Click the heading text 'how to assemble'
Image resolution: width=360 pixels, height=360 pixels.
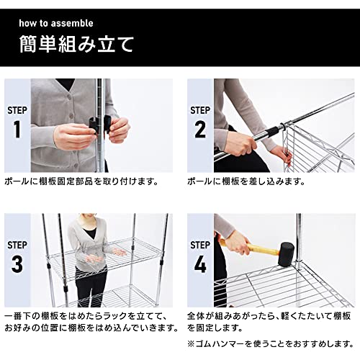pos(56,23)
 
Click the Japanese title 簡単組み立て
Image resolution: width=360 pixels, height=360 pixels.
pos(76,44)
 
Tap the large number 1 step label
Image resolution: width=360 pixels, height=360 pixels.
pos(17,130)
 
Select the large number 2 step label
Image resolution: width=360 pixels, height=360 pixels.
pos(200,130)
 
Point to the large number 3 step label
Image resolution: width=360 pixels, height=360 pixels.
pos(17,264)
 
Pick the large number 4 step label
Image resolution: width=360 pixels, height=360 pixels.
pos(200,264)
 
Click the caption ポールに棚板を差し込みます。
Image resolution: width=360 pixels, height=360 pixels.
pos(246,181)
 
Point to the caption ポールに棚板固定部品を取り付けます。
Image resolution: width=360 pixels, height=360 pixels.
pos(81,181)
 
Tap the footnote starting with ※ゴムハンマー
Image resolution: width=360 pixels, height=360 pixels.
pos(271,344)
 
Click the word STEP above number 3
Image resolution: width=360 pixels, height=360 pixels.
pos(17,245)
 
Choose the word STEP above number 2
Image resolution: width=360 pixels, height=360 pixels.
pos(200,110)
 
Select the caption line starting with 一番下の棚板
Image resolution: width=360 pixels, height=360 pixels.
pos(84,316)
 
